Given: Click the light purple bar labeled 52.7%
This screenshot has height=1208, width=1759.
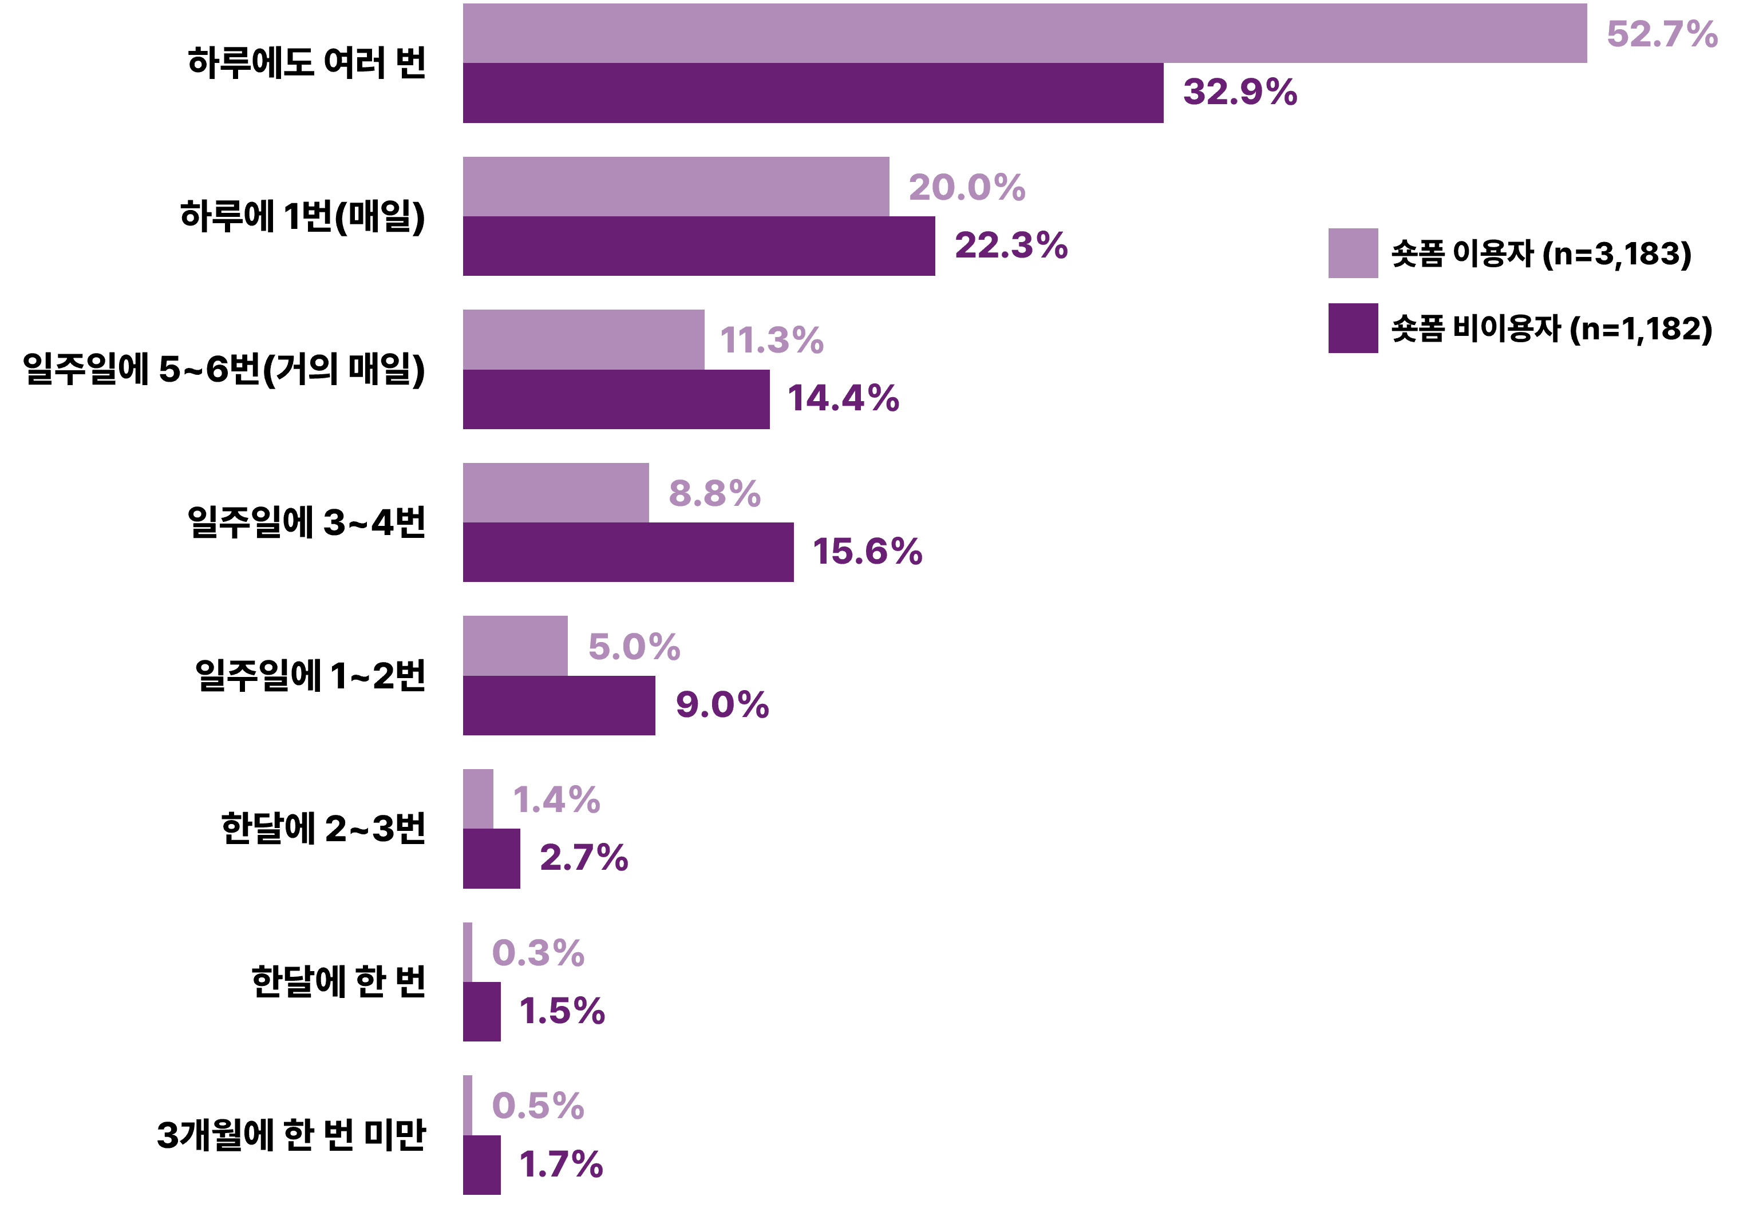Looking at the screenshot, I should [x=1025, y=33].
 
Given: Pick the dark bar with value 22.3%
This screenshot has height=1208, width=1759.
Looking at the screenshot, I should [x=698, y=246].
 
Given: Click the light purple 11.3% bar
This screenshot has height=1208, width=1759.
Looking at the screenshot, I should [x=583, y=339].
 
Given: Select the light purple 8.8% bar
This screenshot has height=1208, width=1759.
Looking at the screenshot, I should [x=556, y=493].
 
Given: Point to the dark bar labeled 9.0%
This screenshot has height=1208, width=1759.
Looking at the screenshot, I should [x=559, y=706].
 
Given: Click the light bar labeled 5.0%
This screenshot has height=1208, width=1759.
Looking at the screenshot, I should [x=515, y=645].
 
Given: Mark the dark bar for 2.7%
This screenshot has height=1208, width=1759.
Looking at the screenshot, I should [x=491, y=858].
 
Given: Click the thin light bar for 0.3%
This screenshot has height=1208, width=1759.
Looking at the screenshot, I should [x=468, y=952].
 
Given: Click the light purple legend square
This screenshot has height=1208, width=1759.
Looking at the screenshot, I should [x=1353, y=253].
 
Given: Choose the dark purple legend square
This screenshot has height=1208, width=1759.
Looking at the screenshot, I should [x=1353, y=328].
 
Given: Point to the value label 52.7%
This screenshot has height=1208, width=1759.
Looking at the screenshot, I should [x=1662, y=34].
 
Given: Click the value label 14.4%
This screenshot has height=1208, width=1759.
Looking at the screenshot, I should [x=843, y=398].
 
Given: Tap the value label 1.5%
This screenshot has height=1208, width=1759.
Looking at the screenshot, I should [x=562, y=1011].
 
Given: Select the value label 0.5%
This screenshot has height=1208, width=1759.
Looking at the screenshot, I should [x=537, y=1105].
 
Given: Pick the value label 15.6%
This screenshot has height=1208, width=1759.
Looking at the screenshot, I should [x=867, y=551].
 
